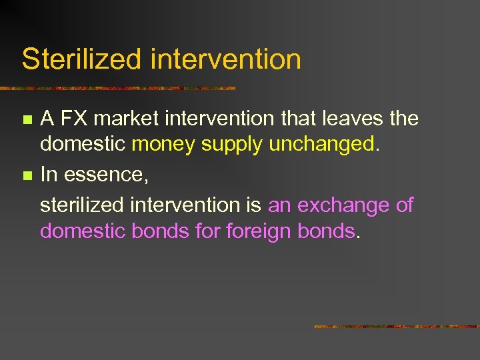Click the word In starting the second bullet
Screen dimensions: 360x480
pyautogui.click(x=49, y=175)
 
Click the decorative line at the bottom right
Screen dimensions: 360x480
pyautogui.click(x=396, y=327)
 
